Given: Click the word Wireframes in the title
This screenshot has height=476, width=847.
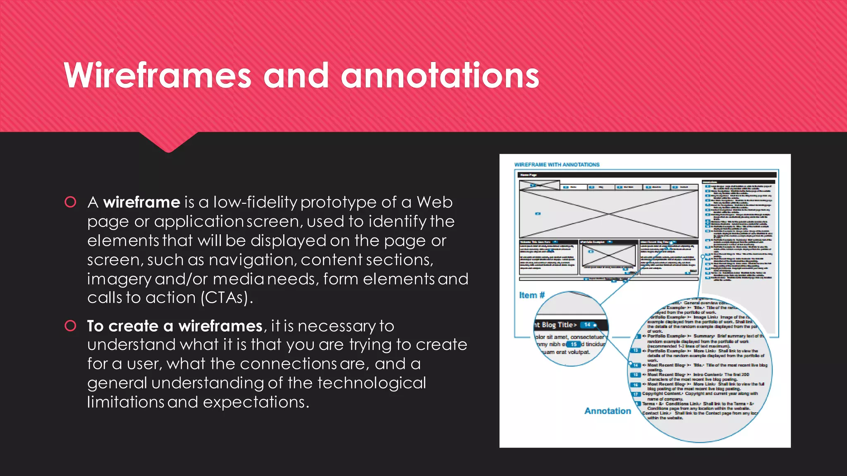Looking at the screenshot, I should pyautogui.click(x=158, y=76).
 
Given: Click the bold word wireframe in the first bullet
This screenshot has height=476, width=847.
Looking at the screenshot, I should pyautogui.click(x=141, y=202).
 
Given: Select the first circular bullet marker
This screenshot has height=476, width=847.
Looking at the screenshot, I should pyautogui.click(x=71, y=202).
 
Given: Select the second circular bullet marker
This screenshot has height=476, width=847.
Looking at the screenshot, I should pyautogui.click(x=71, y=326).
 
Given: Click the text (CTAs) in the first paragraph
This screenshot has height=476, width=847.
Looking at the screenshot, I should pyautogui.click(x=226, y=298).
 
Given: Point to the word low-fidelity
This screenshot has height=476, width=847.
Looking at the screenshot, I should pyautogui.click(x=255, y=202).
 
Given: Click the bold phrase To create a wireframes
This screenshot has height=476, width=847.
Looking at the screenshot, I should pyautogui.click(x=175, y=326).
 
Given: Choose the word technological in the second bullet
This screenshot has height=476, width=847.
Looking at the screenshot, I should pyautogui.click(x=371, y=383).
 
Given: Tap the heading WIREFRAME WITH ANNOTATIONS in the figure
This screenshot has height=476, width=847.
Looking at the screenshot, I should pyautogui.click(x=557, y=164).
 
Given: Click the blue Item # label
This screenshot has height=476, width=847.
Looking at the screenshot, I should pyautogui.click(x=532, y=295).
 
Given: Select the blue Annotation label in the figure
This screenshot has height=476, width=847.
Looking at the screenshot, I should pyautogui.click(x=608, y=411).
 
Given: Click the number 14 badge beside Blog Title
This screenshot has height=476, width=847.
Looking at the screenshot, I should pyautogui.click(x=587, y=325).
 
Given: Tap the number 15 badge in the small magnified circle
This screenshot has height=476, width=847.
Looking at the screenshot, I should pyautogui.click(x=574, y=344).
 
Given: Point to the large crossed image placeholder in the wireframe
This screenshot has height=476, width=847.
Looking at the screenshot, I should pyautogui.click(x=608, y=214).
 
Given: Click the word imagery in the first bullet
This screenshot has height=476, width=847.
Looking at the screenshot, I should pyautogui.click(x=119, y=279).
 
